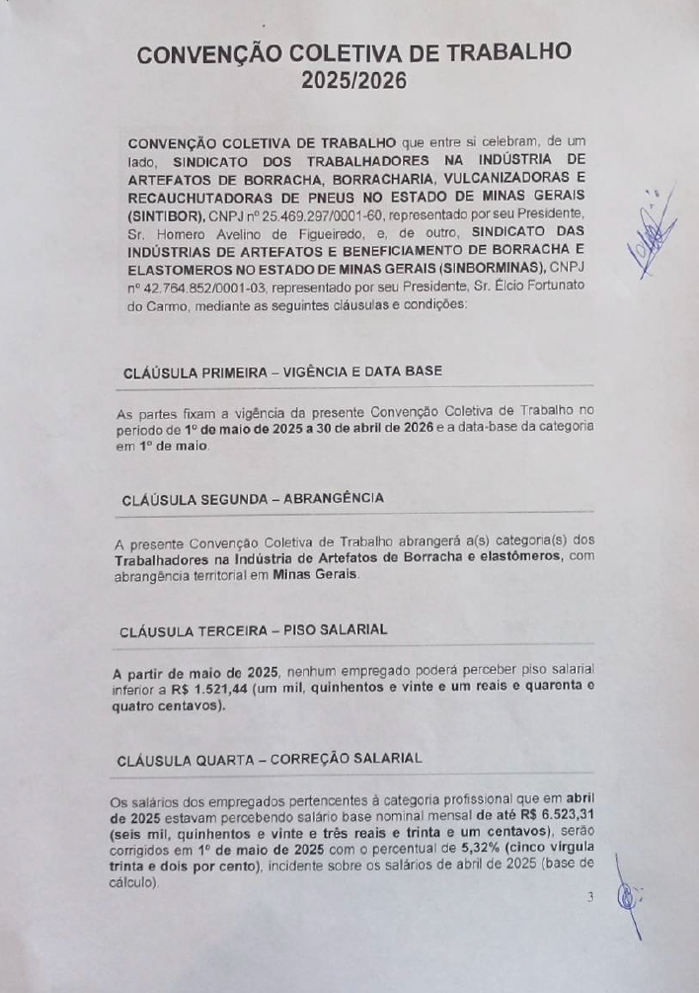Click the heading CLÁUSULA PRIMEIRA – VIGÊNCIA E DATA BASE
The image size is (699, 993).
tap(281, 372)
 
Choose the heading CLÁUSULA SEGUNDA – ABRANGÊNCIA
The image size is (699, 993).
tap(253, 499)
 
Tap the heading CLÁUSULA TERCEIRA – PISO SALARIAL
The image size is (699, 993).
tap(253, 629)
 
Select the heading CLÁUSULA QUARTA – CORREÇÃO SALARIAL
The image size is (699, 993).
tap(270, 759)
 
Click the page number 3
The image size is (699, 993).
tap(590, 897)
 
